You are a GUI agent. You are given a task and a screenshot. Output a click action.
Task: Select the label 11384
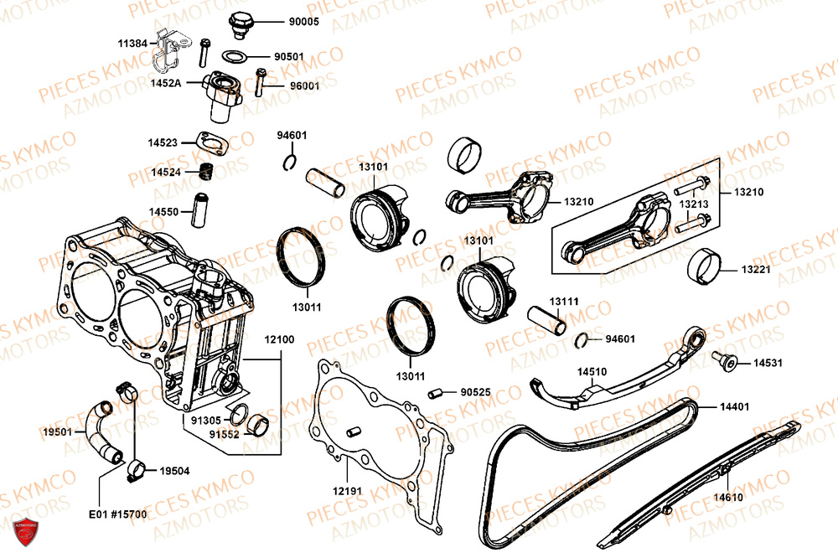(132, 42)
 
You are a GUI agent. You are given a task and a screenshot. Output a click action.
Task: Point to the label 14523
(163, 143)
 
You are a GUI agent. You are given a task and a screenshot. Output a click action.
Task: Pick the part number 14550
(163, 212)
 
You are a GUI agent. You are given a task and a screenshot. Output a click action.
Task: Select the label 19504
(173, 471)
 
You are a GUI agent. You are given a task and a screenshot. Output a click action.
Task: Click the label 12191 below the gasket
(345, 489)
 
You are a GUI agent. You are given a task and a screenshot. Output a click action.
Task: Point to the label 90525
(476, 391)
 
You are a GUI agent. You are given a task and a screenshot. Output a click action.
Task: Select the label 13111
(564, 301)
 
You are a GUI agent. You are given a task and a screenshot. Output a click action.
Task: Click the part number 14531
(767, 364)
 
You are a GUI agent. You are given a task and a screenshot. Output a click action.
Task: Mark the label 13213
(693, 204)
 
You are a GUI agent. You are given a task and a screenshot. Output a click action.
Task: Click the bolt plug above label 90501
(242, 23)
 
